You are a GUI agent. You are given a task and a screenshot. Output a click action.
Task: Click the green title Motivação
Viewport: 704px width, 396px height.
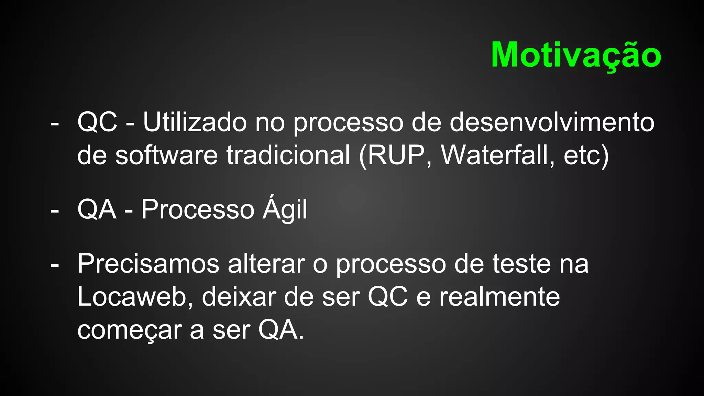tap(576, 55)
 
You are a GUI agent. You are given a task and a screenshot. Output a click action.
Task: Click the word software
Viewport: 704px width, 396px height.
tap(166, 155)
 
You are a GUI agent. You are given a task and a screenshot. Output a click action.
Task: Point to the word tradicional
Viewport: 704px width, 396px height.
tap(288, 155)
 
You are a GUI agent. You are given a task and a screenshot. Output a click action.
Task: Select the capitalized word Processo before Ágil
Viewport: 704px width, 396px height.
tap(198, 209)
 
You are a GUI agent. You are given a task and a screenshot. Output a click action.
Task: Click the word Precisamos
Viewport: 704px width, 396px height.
tap(148, 264)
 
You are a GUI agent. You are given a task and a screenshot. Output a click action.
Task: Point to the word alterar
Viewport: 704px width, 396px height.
tap(266, 264)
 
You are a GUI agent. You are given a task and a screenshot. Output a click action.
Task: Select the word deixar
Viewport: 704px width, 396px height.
tap(239, 297)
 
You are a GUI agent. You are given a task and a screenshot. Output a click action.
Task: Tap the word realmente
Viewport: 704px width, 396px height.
tap(499, 297)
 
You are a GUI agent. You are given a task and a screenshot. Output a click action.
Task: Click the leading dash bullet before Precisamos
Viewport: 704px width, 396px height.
tap(54, 265)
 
